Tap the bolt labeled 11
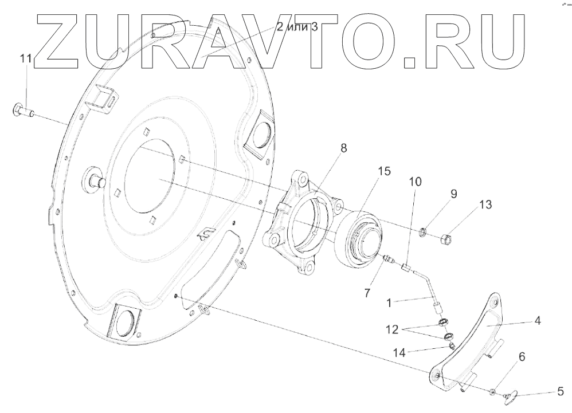tap(21, 110)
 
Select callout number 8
tap(343, 148)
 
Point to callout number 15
tap(383, 171)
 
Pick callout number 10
tap(414, 182)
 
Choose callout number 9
tap(453, 194)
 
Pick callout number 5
tap(560, 393)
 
